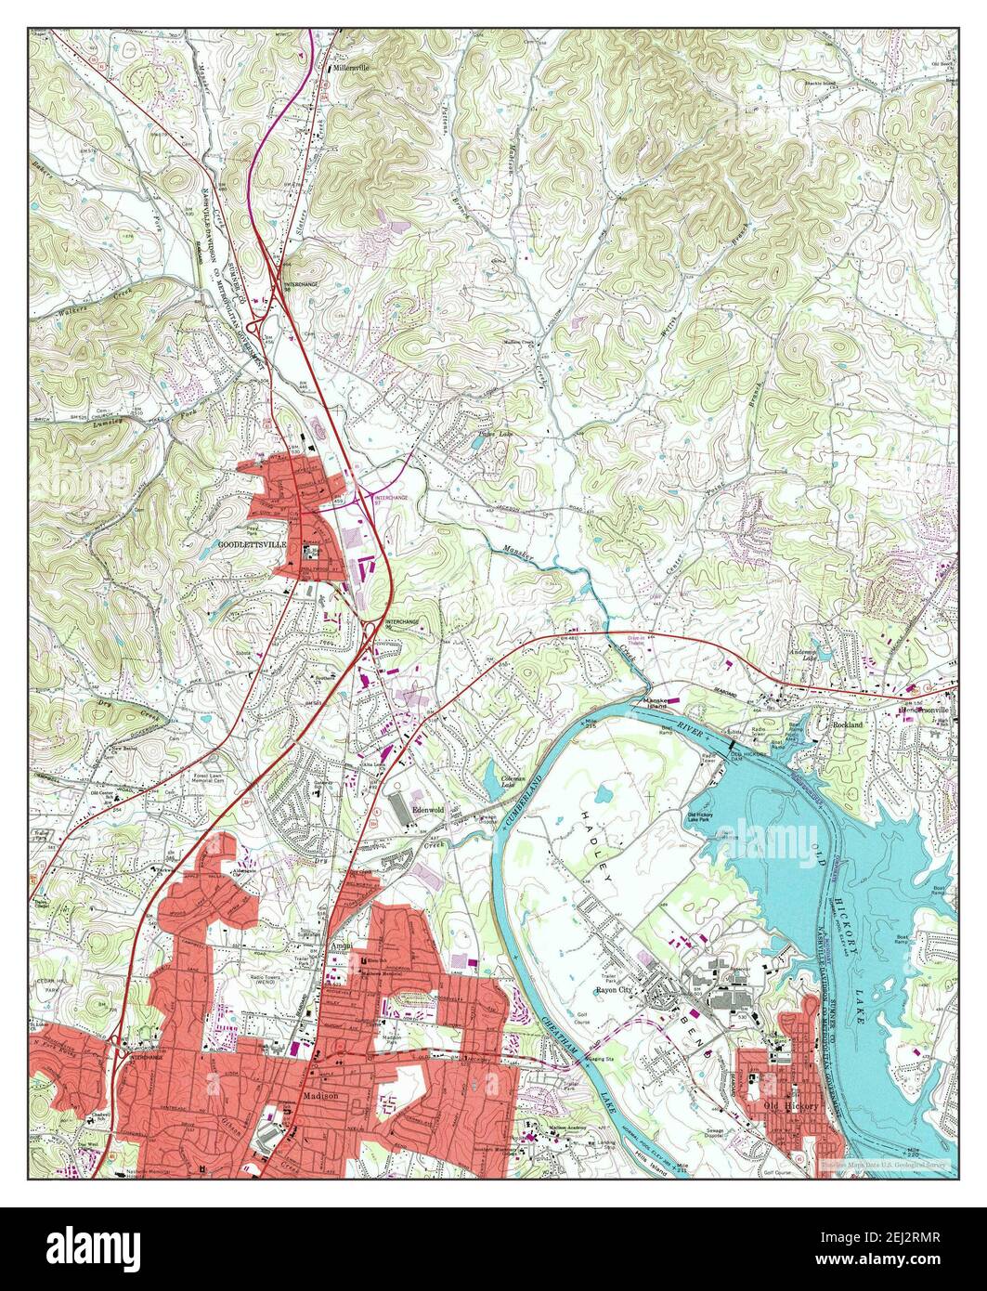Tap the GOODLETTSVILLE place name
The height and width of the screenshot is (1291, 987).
(x=251, y=544)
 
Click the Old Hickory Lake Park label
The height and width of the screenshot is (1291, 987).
(x=706, y=819)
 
